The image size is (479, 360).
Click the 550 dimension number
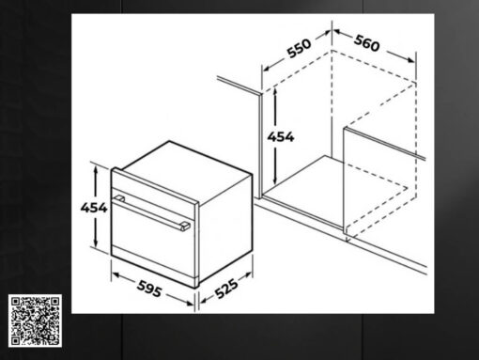[300, 48]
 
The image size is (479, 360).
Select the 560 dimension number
[367, 43]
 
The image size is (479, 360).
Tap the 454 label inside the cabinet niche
[281, 137]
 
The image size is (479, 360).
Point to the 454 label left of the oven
[94, 208]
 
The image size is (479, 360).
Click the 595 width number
[149, 289]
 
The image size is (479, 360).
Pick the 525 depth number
[226, 289]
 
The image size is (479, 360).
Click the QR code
[35, 321]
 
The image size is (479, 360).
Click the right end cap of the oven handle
[185, 227]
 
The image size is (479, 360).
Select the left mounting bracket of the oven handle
[119, 198]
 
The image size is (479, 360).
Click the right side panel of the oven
[224, 228]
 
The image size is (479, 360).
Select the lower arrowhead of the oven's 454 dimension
[96, 243]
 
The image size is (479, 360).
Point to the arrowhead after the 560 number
[410, 59]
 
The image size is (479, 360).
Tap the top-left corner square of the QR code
[15, 302]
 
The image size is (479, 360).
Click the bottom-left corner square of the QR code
[15, 340]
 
